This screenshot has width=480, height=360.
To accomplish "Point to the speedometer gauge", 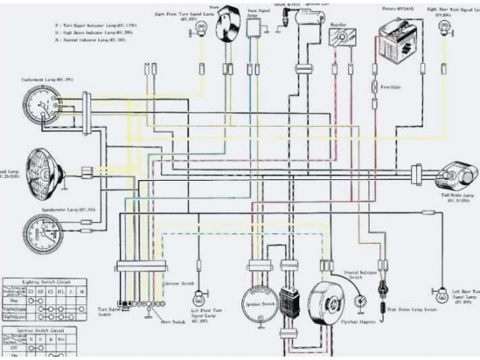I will coord(41,233).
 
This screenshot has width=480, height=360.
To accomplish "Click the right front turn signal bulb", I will coord(201,28).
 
